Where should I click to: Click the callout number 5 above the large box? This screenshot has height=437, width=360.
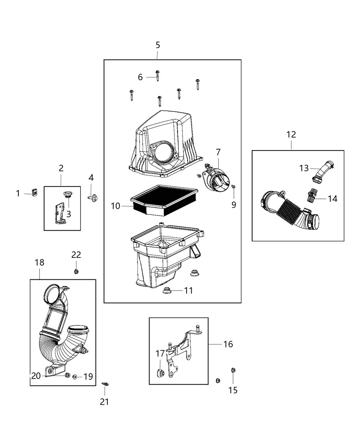coord(158,45)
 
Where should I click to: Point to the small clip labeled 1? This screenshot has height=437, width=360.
coord(34,193)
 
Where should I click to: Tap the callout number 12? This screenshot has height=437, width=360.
coord(291,135)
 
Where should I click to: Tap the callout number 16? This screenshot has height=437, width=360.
coord(228,344)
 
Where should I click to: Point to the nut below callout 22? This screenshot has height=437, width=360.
coord(76,272)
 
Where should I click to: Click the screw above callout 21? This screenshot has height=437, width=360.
coord(105,384)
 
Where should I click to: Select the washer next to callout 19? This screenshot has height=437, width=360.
coord(75,377)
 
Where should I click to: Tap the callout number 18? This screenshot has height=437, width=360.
coord(39,263)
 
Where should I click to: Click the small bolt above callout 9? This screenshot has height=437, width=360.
coord(233,186)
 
